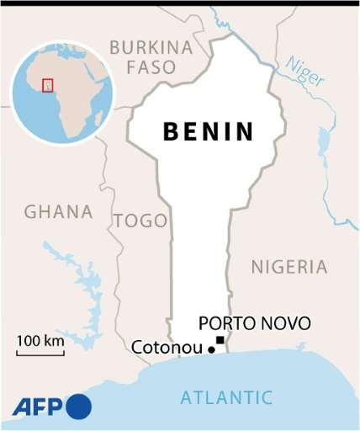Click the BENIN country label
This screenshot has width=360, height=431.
[x=208, y=132]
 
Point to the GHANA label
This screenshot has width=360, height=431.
[x=58, y=211]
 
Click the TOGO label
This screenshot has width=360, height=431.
[x=140, y=221]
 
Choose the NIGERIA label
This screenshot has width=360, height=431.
[x=289, y=267]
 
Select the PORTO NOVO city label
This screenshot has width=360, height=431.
[x=254, y=323]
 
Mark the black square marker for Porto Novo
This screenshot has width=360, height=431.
[x=220, y=340]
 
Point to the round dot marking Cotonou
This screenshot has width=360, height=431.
[x=211, y=349]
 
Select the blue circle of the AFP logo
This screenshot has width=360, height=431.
[x=78, y=407]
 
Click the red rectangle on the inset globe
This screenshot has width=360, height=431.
[x=47, y=84]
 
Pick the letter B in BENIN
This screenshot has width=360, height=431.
[x=169, y=132]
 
